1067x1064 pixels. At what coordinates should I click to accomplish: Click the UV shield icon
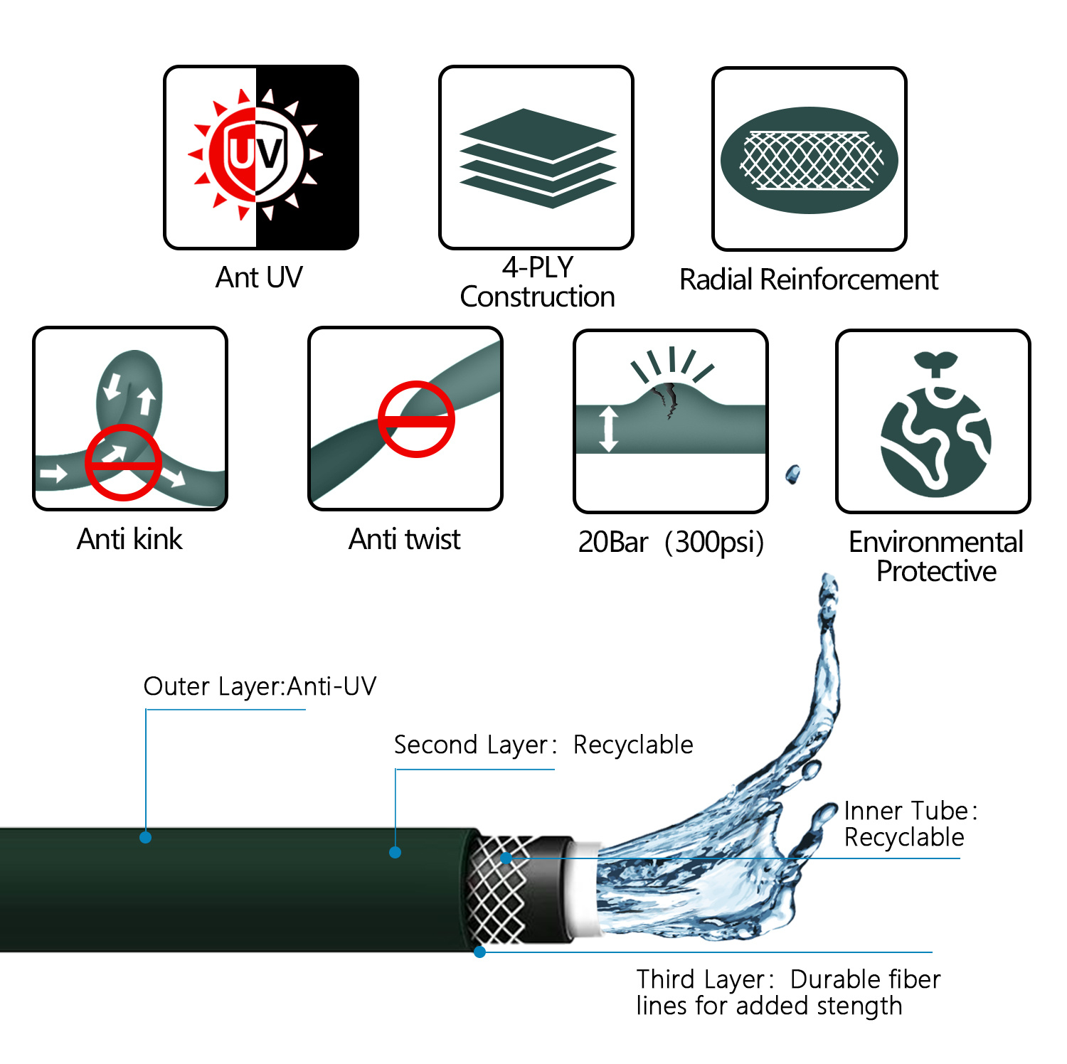click(x=256, y=154)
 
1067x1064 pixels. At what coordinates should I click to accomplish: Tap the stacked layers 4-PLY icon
click(x=537, y=158)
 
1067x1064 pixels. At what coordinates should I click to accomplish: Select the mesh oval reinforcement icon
click(x=809, y=160)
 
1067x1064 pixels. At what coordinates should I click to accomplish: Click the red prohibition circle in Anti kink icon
click(x=123, y=463)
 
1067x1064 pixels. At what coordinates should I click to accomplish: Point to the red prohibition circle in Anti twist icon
click(x=416, y=420)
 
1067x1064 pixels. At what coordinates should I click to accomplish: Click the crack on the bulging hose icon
click(x=669, y=400)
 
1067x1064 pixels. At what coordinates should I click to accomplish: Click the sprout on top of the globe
click(x=935, y=363)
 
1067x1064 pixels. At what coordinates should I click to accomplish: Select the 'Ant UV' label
click(x=259, y=277)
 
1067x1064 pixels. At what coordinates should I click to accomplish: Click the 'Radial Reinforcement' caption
click(x=809, y=280)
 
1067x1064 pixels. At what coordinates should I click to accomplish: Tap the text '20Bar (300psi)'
click(x=671, y=542)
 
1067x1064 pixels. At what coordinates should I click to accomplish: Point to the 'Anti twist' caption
click(x=404, y=539)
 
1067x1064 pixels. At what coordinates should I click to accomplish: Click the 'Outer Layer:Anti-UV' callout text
click(x=260, y=686)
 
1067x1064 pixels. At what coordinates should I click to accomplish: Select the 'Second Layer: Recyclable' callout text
click(x=543, y=745)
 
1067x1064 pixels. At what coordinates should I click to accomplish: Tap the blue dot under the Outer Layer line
click(x=146, y=837)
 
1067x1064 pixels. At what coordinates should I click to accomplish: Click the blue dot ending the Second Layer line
click(x=396, y=852)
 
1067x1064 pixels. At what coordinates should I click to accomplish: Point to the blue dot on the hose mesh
click(x=506, y=858)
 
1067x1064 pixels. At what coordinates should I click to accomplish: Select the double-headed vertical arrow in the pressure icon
click(x=608, y=429)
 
